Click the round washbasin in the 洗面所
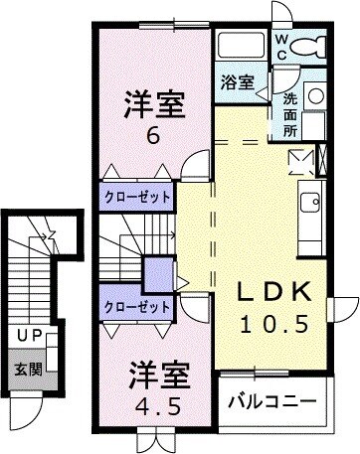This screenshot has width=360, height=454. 314,95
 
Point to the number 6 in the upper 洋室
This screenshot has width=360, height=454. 153,136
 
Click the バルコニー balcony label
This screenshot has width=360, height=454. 271,402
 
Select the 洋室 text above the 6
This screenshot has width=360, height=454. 153,104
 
